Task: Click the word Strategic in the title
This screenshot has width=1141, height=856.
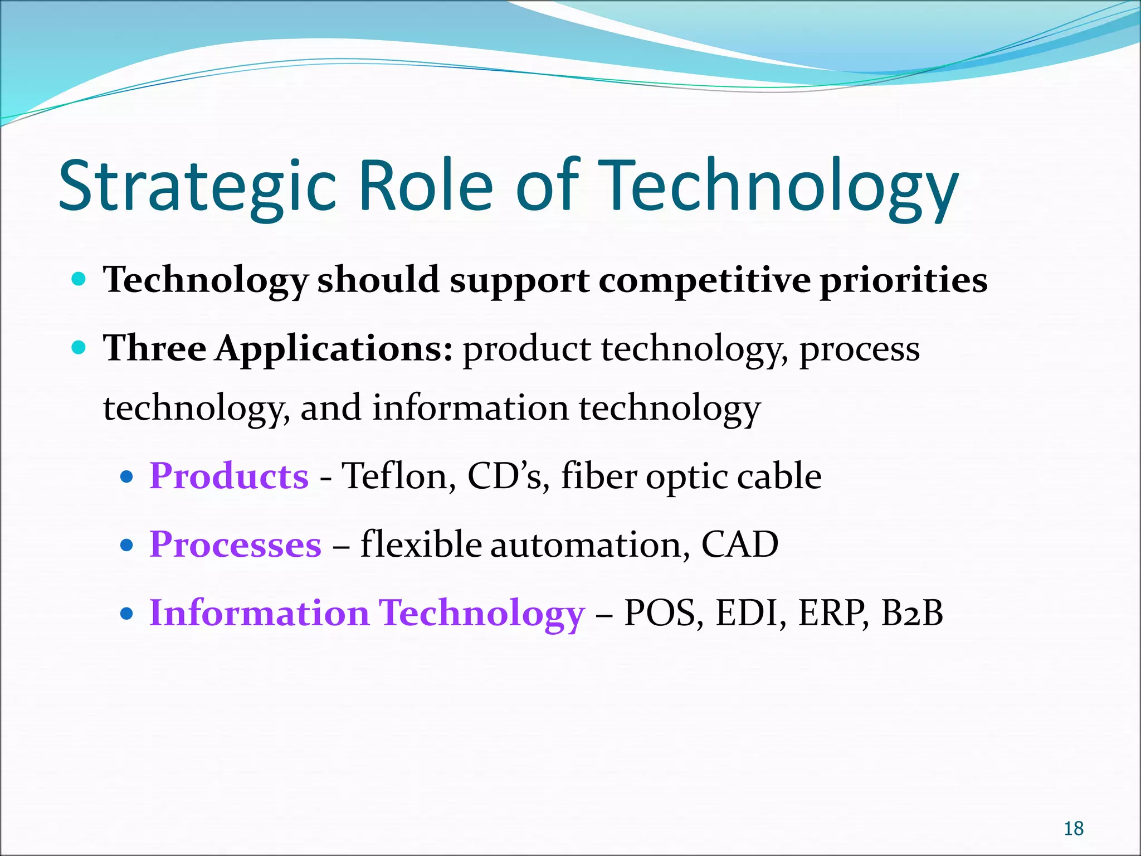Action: [198, 187]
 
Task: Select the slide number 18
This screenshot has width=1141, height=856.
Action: [1073, 829]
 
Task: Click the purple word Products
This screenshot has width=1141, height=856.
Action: [228, 476]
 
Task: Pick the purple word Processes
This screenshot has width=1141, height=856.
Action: [235, 544]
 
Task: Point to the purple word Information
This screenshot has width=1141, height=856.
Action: [259, 613]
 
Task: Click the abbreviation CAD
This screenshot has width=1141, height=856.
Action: [739, 544]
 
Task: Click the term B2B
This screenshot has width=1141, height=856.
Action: [913, 613]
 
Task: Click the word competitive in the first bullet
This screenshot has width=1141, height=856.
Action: [704, 280]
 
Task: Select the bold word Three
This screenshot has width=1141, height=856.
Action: [154, 348]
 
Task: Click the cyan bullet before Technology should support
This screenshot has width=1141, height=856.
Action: [79, 279]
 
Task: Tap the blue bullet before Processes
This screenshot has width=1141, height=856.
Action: [127, 545]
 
